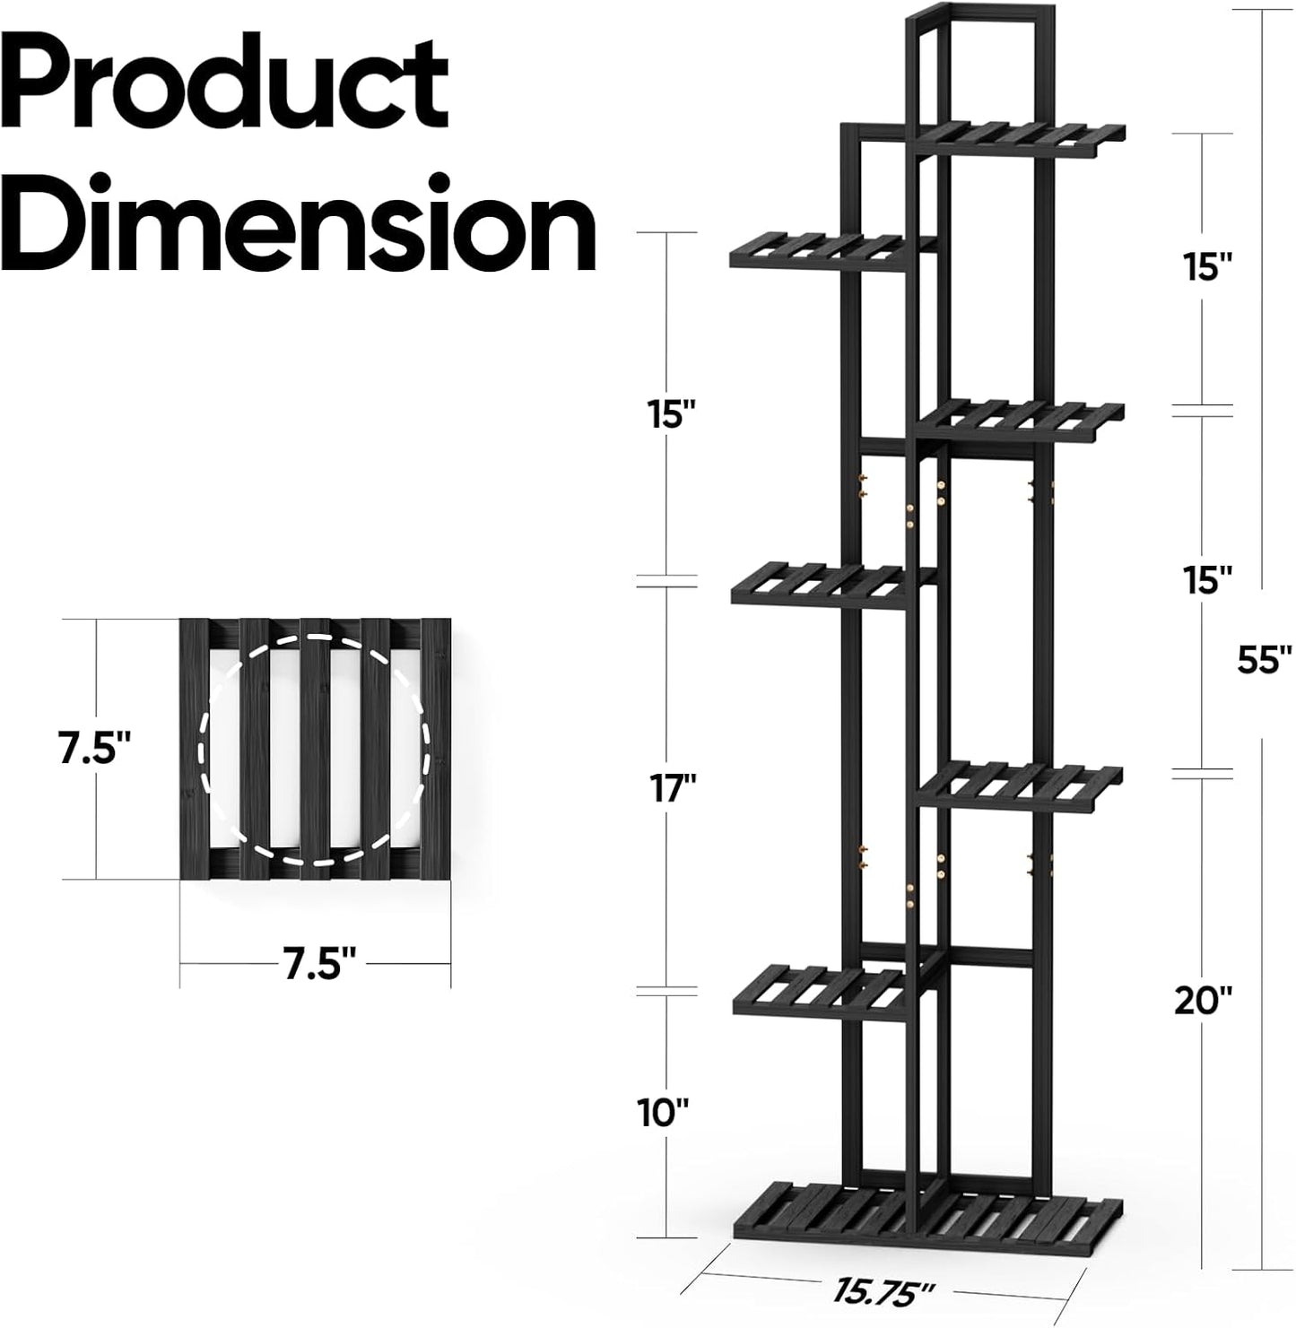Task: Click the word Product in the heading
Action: [x=229, y=90]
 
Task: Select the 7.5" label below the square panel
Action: [x=315, y=965]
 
